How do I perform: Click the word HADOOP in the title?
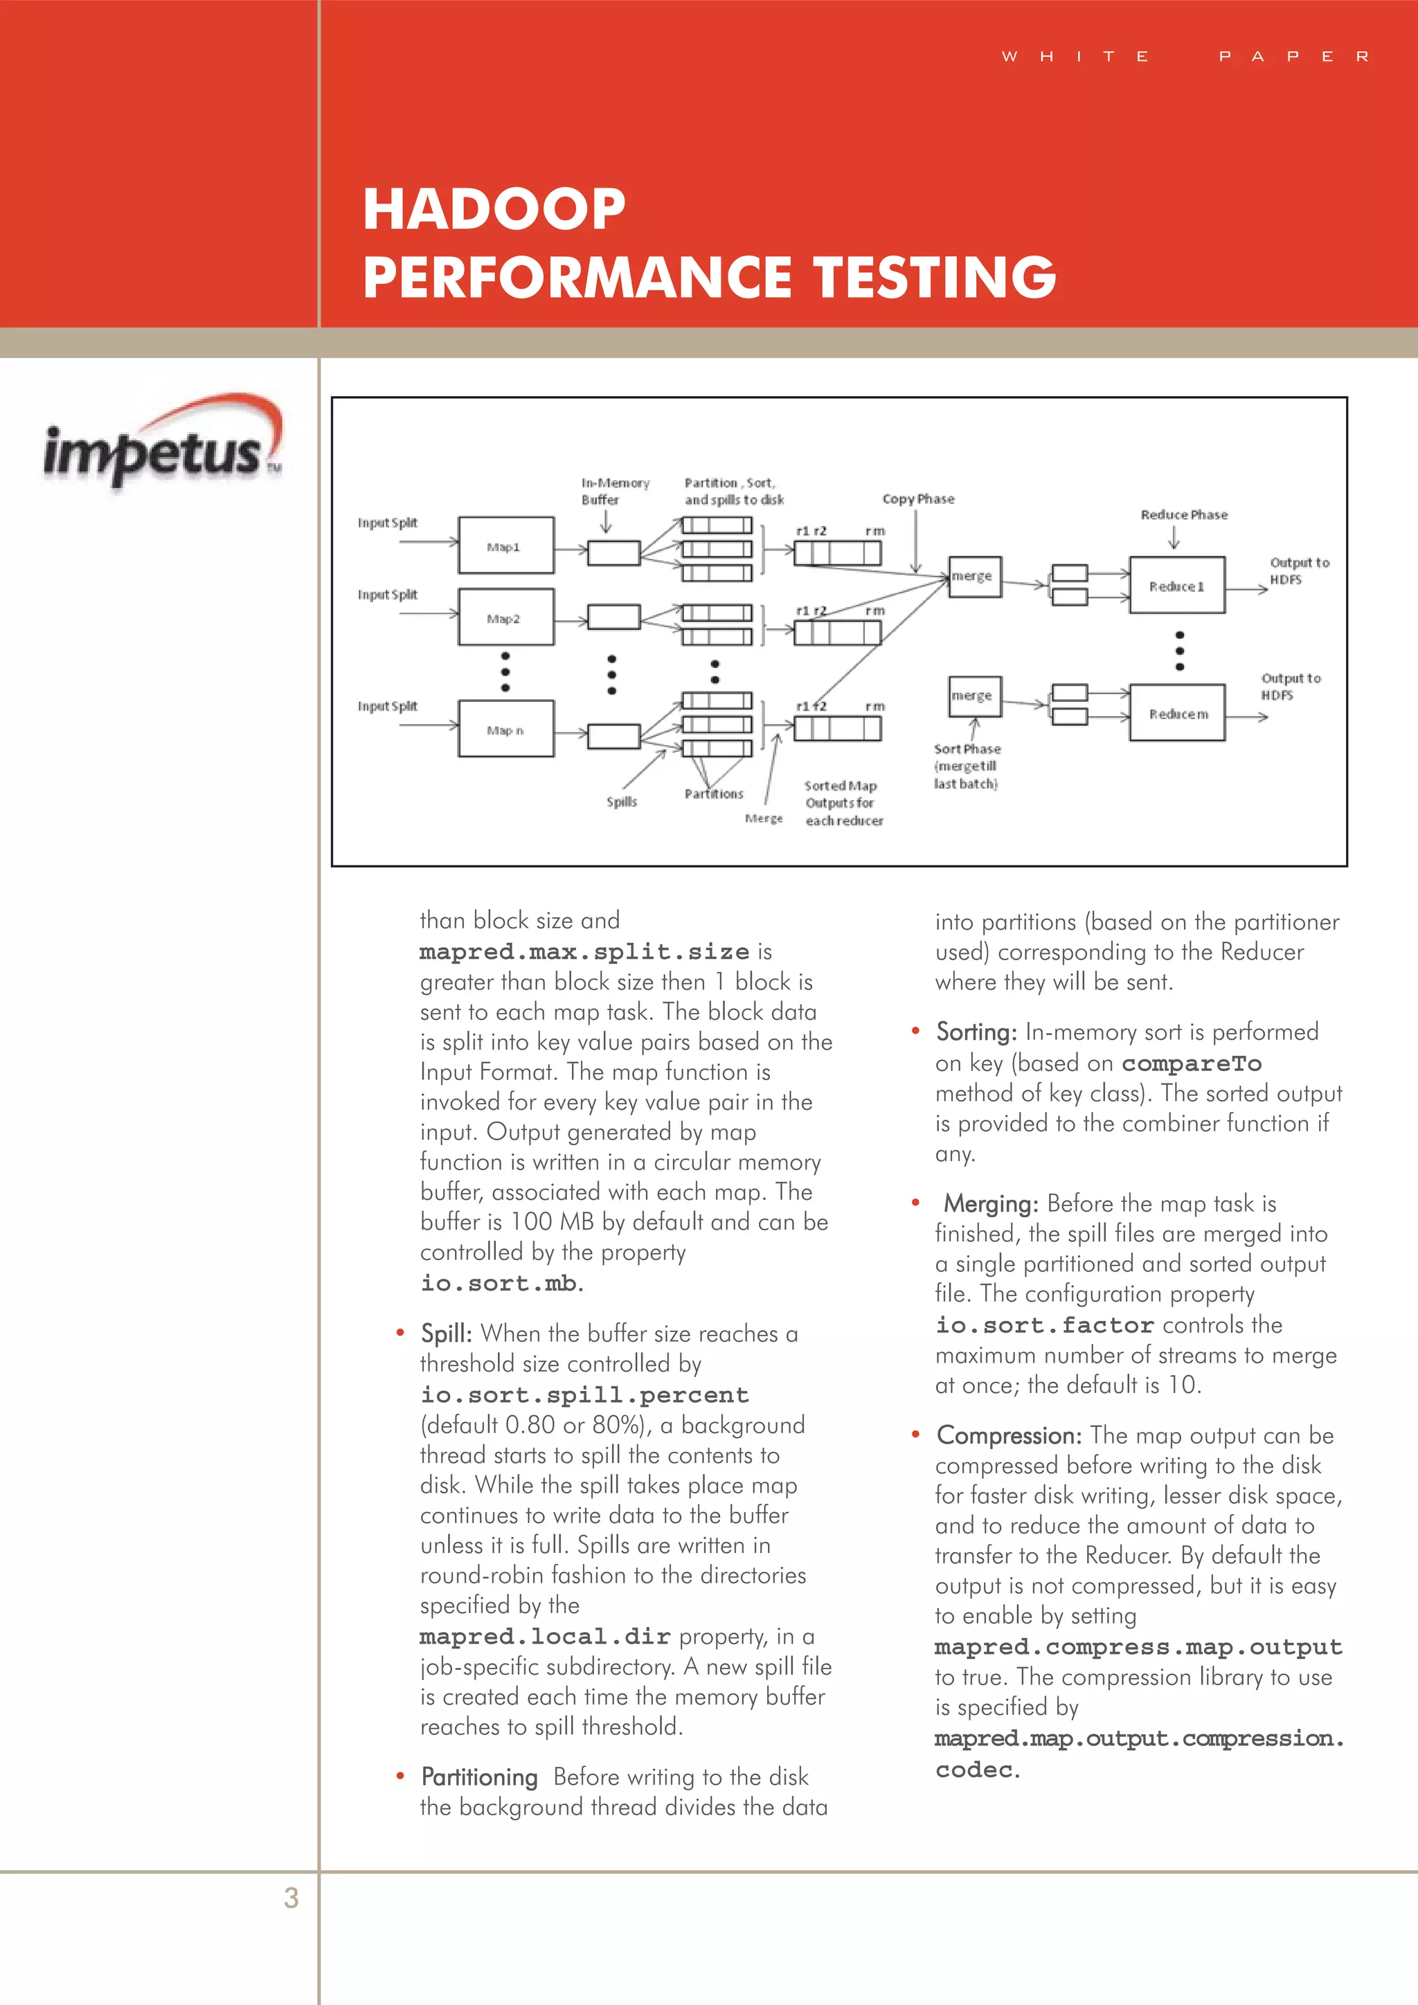(494, 210)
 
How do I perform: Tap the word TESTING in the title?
(935, 277)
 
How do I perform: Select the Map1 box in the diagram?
(505, 546)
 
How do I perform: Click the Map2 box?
(505, 618)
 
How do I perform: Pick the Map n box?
(505, 729)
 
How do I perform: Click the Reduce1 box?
(1176, 586)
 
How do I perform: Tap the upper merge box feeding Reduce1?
(973, 576)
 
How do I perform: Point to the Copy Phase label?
(917, 499)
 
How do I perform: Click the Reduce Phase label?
(1183, 515)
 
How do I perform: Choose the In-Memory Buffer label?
(615, 491)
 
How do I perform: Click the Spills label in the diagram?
(622, 802)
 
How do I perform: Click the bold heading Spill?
(446, 1333)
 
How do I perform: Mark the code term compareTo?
(1191, 1063)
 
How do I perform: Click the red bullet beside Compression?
(916, 1435)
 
